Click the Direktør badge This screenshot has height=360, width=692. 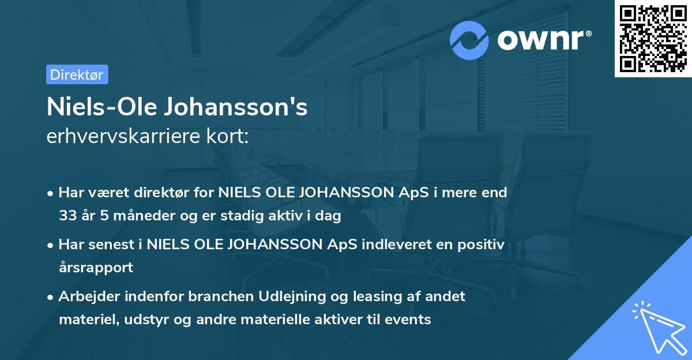point(77,74)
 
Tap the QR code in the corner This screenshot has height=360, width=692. point(653,39)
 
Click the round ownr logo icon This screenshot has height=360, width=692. point(469,40)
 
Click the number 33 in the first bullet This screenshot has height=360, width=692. point(67,216)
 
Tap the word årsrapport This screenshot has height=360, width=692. point(96,268)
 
